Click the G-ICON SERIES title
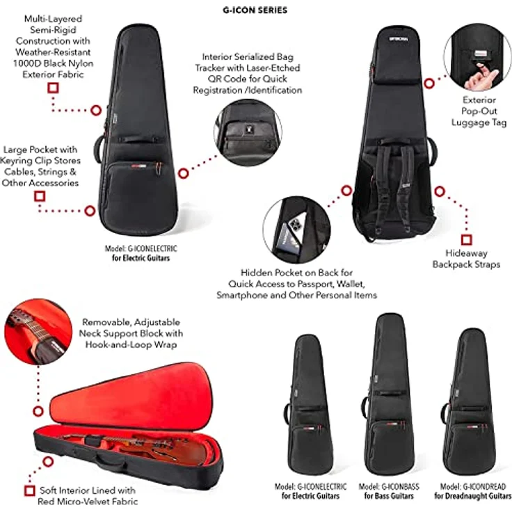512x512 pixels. [x=255, y=10]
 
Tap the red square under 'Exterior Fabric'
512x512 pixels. [x=53, y=88]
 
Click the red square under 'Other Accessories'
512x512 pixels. [x=40, y=197]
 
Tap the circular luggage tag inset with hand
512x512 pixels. [x=477, y=58]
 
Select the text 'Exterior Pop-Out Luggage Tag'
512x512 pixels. [x=479, y=111]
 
